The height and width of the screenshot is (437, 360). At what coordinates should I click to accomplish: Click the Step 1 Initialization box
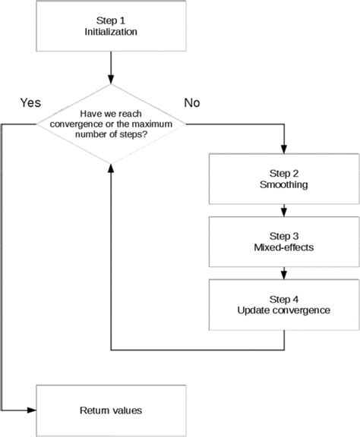112,27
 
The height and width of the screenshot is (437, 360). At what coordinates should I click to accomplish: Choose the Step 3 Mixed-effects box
284,241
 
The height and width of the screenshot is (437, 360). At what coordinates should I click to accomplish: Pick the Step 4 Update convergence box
284,305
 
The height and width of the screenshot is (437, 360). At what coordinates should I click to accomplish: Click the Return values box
111,410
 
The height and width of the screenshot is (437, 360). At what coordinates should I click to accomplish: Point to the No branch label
191,102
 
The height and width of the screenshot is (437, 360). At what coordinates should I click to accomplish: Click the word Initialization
112,33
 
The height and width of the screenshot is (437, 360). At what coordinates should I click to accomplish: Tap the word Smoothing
284,184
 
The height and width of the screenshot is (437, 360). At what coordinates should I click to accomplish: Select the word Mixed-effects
284,248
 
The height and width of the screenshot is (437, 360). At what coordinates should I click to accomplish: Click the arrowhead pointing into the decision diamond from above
112,79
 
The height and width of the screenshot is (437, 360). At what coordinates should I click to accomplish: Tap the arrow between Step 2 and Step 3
284,210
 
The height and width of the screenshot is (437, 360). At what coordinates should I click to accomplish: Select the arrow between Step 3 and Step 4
284,274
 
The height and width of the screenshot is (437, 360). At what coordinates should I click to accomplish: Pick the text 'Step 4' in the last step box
284,297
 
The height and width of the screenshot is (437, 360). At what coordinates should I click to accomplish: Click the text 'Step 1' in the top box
112,20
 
